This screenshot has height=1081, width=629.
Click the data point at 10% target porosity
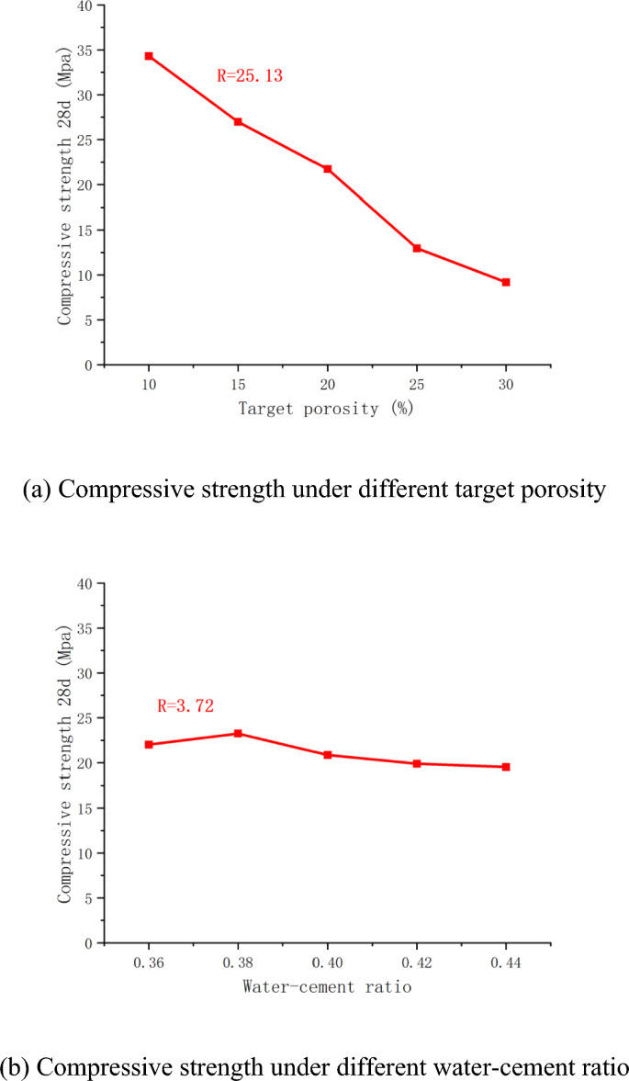[149, 56]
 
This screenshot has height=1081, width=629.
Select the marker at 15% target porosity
[238, 121]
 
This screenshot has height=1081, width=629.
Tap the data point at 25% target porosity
[417, 248]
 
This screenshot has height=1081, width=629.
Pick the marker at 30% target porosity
[506, 282]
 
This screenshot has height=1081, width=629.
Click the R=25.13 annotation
[249, 76]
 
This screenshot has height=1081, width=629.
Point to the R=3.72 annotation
[185, 706]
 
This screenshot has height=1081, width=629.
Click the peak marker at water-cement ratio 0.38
[238, 733]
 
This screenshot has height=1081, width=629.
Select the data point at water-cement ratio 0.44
[506, 766]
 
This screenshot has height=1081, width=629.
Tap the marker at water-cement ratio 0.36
[149, 744]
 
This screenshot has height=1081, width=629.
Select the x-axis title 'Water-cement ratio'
[327, 987]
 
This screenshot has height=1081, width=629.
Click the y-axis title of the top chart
[65, 184]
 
